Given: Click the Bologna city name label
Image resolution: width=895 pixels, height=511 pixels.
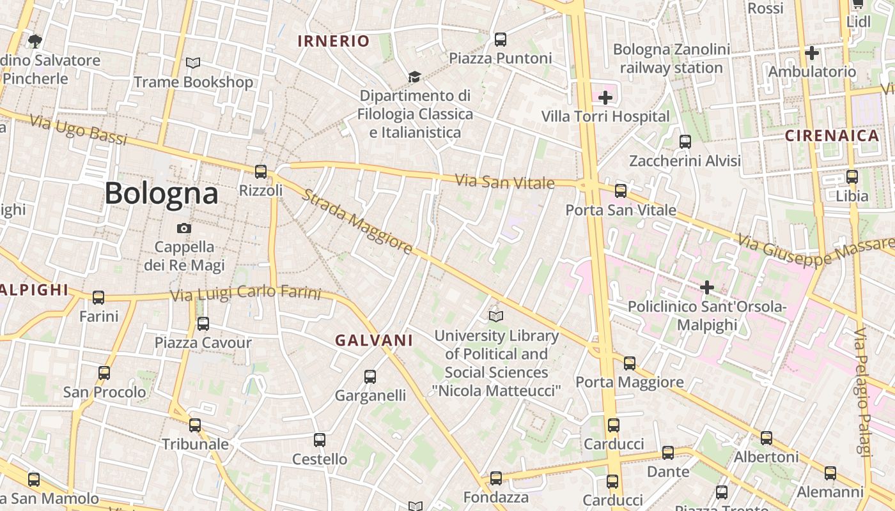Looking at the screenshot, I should (x=161, y=193).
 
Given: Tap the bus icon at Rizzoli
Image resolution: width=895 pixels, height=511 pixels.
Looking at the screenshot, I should (x=261, y=171).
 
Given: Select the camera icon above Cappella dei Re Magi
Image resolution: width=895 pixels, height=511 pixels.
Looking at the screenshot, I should (x=184, y=228).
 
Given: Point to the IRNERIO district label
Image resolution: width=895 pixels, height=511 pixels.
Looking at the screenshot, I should (x=334, y=42).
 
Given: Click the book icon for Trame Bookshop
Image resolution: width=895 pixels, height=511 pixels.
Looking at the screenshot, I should (x=193, y=63).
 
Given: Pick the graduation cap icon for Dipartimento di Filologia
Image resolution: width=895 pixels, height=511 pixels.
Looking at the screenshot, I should (x=414, y=77).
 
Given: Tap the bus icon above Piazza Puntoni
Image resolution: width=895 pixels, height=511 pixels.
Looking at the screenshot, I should (x=501, y=40).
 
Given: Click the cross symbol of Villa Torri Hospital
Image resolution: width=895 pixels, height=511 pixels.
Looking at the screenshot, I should (x=605, y=98).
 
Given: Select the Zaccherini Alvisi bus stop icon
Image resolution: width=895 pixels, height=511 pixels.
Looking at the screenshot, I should (x=685, y=141).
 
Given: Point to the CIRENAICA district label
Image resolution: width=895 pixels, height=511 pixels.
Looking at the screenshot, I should (x=832, y=135).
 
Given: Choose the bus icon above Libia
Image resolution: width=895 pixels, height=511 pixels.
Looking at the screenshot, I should (x=852, y=177).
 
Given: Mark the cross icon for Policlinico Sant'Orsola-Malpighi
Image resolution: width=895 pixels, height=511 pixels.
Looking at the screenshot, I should (x=706, y=287).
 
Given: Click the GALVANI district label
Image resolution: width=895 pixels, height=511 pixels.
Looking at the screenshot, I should (x=375, y=340).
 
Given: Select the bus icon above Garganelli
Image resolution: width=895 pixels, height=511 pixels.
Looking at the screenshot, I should (x=370, y=377).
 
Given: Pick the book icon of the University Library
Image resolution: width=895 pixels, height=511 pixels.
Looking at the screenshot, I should (x=495, y=316).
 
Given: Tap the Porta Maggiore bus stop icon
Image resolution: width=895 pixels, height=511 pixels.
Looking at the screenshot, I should (x=630, y=363).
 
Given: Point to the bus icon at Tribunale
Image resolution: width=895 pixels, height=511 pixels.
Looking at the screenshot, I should (x=195, y=425).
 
